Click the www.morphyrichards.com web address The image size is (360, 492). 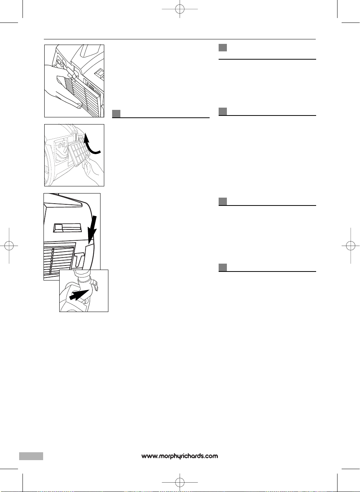180,456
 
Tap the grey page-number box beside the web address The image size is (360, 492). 31,456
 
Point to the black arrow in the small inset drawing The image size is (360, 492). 79,294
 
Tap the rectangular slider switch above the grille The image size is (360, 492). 67,228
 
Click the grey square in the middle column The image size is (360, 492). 116,113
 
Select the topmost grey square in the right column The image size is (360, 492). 223,48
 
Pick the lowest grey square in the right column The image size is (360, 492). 223,267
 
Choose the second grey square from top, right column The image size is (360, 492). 223,111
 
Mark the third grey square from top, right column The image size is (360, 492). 223,201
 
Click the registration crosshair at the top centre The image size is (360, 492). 180,9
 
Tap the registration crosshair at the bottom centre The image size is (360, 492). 180,482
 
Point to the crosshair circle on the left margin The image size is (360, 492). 9,246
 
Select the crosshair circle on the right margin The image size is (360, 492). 351,246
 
